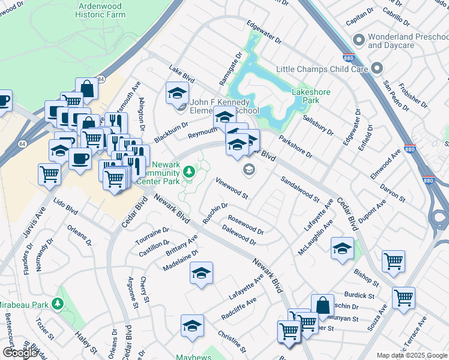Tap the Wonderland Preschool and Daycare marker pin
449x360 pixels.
[359, 41]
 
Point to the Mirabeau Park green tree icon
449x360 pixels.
[58, 304]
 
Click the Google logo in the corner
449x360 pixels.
[20, 353]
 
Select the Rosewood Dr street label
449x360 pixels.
[246, 226]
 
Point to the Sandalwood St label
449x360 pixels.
[300, 188]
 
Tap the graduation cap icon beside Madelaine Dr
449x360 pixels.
[202, 273]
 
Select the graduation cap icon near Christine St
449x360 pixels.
[192, 325]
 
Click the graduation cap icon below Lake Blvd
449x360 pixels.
[176, 93]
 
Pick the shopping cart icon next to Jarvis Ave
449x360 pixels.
[49, 175]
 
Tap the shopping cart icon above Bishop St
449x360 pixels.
[393, 261]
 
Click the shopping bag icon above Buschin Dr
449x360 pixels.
[322, 304]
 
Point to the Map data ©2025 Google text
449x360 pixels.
[412, 355]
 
